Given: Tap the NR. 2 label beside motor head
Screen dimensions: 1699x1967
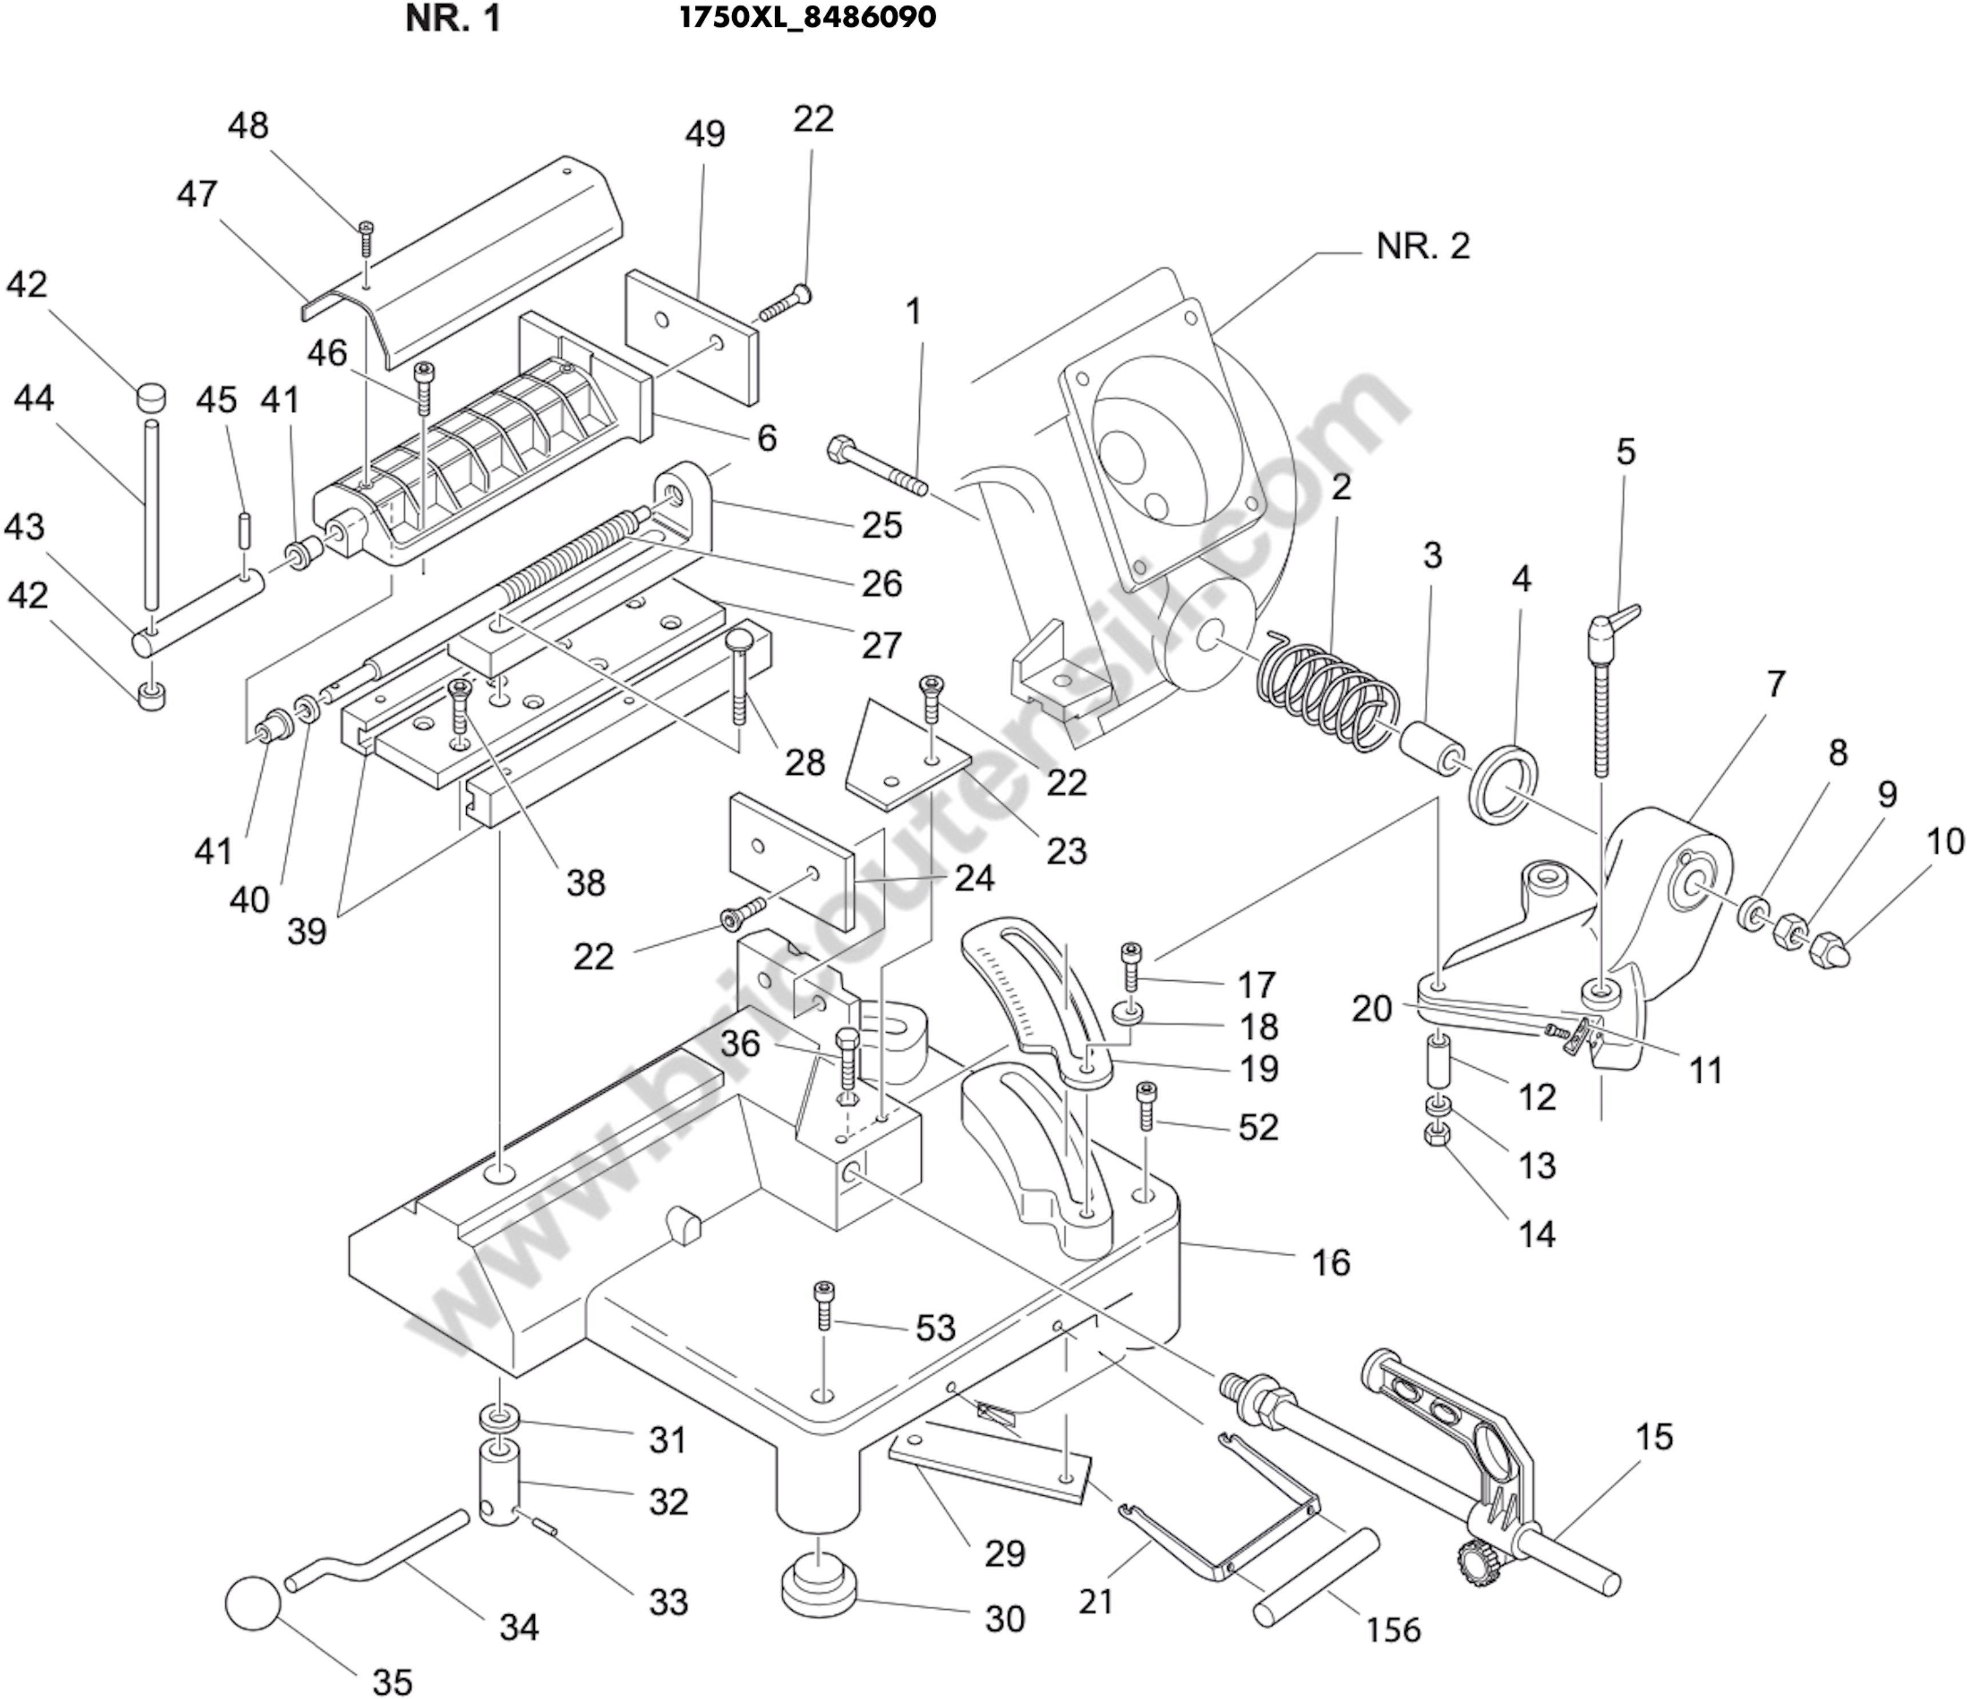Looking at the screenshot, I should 1422,246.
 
